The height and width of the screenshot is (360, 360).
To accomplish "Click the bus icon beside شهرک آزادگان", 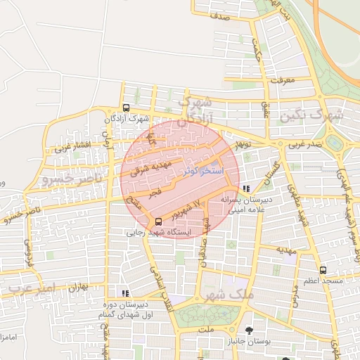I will (x=125, y=108).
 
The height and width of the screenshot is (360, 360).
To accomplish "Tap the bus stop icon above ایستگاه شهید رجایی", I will (x=157, y=221).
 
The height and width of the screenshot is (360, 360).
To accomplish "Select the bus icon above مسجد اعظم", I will (x=323, y=270).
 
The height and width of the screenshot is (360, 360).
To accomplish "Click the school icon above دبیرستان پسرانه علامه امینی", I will (x=245, y=188).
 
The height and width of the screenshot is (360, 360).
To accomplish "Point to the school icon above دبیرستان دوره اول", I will (x=125, y=293).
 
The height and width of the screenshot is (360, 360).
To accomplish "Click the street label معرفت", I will (x=285, y=80).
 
